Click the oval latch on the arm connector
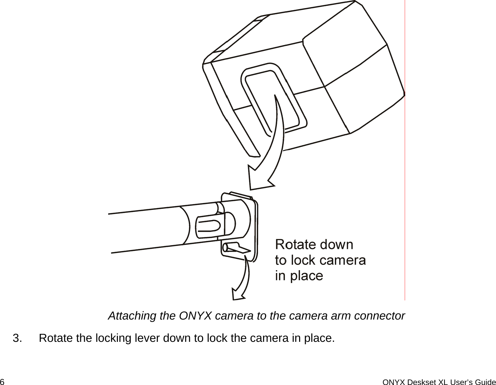(x=208, y=227)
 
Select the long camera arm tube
(x=146, y=228)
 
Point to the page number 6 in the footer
(x=2, y=382)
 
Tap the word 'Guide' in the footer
(x=487, y=382)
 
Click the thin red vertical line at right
(x=405, y=209)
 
